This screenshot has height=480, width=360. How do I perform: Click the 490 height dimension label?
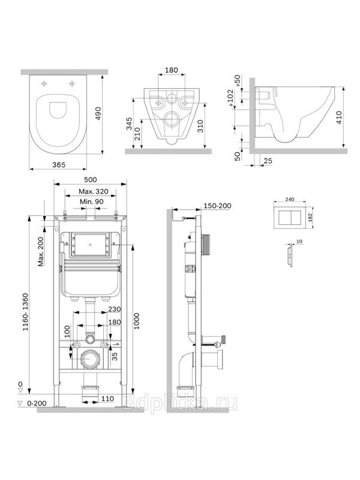point(98,114)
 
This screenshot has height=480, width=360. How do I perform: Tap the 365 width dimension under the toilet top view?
point(58,164)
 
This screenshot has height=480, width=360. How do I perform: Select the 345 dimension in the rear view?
point(129,124)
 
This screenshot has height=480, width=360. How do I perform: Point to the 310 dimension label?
point(200,127)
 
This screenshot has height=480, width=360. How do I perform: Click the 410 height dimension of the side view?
point(339,118)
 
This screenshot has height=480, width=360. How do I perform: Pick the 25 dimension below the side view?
point(268,161)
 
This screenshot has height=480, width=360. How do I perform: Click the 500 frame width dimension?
point(90,179)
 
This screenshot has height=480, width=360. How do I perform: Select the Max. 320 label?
point(94,191)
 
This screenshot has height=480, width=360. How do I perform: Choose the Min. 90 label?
point(92,202)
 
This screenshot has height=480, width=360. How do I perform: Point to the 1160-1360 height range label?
point(25,312)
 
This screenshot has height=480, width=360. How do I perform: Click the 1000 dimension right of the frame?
point(137,321)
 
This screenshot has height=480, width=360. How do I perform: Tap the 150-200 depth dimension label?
point(217,206)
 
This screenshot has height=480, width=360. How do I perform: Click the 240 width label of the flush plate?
point(290,199)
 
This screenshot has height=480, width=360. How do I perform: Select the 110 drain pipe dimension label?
point(107,398)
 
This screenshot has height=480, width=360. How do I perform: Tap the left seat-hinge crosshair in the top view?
point(44,83)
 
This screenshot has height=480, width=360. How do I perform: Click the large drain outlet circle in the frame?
point(89,359)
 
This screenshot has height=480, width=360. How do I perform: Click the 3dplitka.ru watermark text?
point(179,403)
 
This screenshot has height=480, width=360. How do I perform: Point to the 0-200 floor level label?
point(37,403)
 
